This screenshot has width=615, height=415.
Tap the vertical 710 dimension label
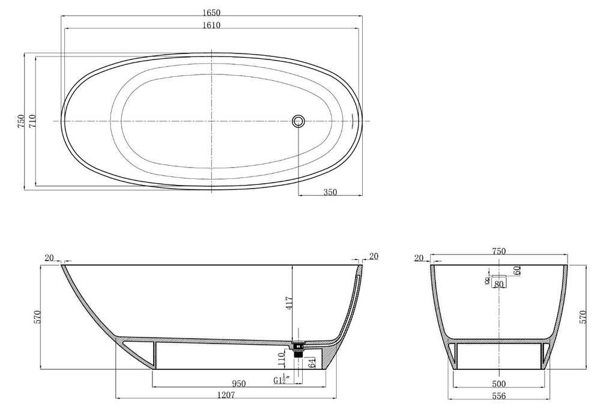tap(32, 121)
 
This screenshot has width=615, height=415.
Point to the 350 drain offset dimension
tap(330, 192)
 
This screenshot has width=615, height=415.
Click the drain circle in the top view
tap(298, 121)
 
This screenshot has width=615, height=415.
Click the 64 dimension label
tap(312, 362)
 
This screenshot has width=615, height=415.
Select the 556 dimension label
tap(498, 395)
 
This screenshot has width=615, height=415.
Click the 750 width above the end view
tap(498, 251)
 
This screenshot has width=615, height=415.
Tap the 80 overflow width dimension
tap(498, 284)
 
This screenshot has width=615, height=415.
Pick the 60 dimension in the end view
tap(517, 270)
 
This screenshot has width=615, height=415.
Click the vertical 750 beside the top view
tap(20, 121)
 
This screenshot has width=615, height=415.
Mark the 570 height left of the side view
tap(38, 316)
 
